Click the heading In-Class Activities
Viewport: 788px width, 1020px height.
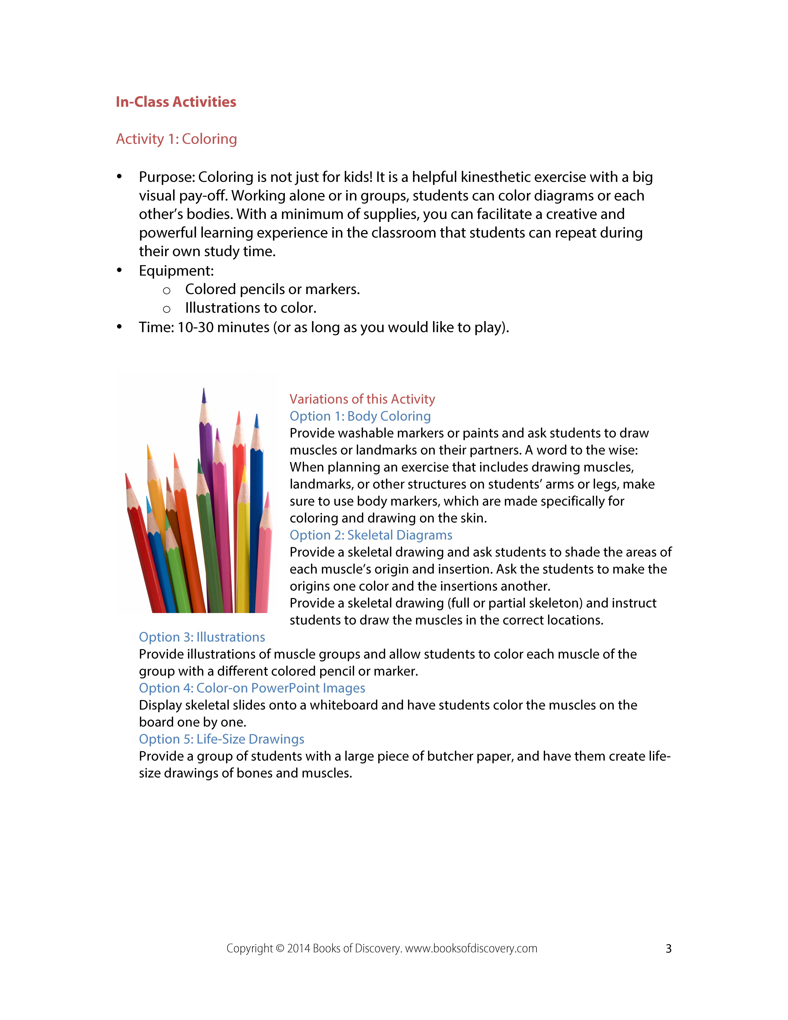176,102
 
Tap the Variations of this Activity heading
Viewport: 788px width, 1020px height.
362,399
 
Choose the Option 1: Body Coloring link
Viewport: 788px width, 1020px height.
360,416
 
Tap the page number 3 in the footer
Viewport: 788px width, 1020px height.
669,949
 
